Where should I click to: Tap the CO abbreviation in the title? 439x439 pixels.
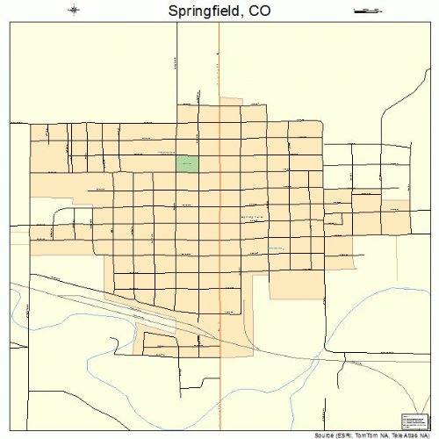[257, 12]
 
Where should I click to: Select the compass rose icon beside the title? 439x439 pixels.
[74, 11]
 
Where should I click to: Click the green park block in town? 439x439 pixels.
[187, 163]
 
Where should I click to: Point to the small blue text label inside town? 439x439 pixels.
[277, 248]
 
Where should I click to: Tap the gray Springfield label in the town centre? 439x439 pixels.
[251, 216]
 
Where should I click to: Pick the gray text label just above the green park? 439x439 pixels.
[169, 152]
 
